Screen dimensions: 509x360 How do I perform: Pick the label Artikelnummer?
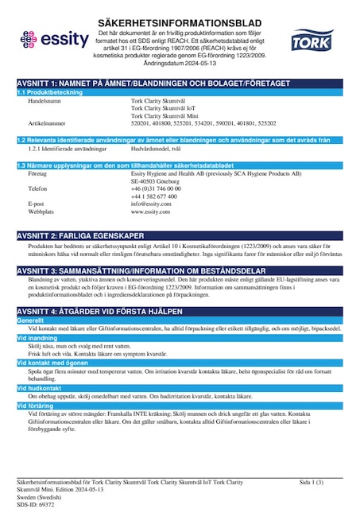point(47,124)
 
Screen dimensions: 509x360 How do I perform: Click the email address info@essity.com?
point(152,204)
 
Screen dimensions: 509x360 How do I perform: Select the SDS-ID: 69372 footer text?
point(35,504)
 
